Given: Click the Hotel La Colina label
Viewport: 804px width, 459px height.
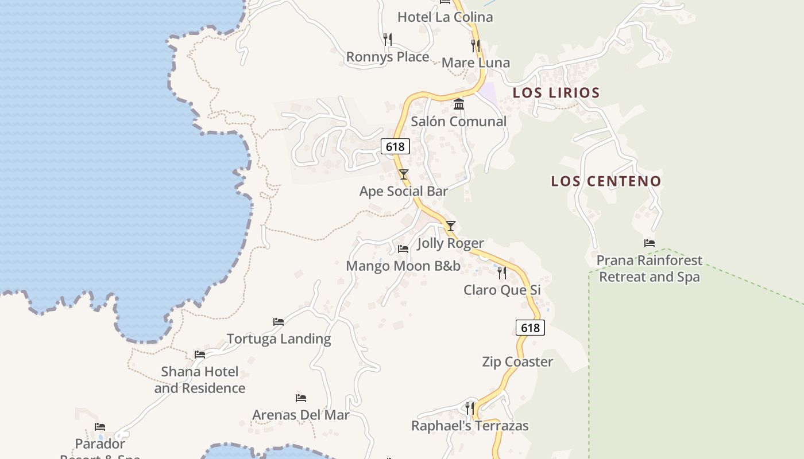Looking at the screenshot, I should click(x=445, y=17).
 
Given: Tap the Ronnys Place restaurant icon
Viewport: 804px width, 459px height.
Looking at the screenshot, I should click(x=388, y=39).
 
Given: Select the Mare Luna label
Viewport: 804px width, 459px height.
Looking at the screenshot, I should click(x=476, y=63).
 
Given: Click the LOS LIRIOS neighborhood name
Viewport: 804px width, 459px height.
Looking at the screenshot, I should click(x=556, y=92).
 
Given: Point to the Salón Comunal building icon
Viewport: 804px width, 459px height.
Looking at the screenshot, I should click(x=459, y=104).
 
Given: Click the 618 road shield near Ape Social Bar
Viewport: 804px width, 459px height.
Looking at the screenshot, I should click(x=395, y=147).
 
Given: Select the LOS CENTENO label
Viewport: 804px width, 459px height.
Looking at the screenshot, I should click(x=606, y=181).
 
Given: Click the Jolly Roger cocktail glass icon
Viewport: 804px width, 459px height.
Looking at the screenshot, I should click(x=451, y=226).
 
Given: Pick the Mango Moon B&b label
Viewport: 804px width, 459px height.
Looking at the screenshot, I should click(x=403, y=266).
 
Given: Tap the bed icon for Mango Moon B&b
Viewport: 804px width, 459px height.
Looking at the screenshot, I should click(x=403, y=249).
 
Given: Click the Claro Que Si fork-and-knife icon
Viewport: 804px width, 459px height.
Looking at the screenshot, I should click(x=502, y=273).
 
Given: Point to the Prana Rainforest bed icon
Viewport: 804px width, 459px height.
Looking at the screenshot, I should click(x=650, y=243).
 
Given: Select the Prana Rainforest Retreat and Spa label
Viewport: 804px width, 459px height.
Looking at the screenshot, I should click(x=650, y=269).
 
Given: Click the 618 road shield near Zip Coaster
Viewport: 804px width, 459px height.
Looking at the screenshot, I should click(x=530, y=328).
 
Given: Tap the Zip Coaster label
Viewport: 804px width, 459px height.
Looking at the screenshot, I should click(x=517, y=362).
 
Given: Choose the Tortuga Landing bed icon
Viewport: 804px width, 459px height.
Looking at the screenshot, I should click(x=279, y=322).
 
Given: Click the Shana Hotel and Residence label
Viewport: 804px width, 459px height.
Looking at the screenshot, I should click(x=199, y=380).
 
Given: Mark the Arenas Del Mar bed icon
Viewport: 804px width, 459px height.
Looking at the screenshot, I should click(x=301, y=398).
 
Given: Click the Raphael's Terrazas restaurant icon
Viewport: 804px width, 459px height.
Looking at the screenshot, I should click(x=470, y=408).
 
